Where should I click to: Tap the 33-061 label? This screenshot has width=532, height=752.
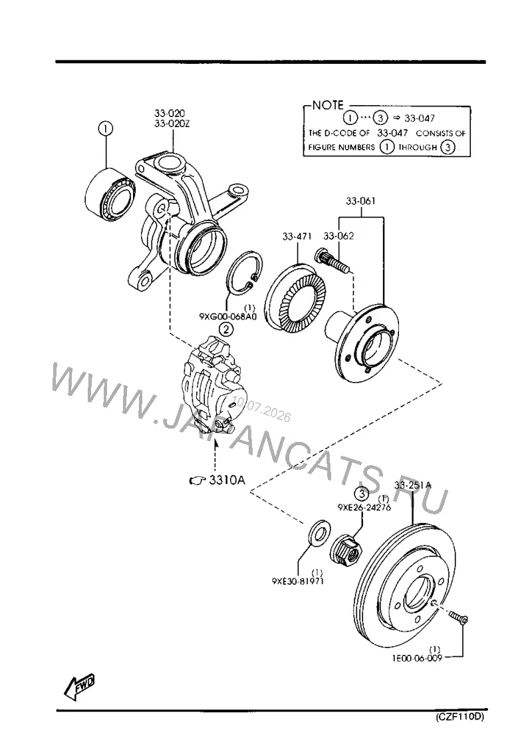point(360,201)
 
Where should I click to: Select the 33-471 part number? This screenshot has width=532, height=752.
point(297,236)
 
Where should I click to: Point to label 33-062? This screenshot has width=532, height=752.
point(338,236)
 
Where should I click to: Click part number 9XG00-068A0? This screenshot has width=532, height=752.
point(227,317)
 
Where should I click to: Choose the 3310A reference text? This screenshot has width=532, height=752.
point(226,480)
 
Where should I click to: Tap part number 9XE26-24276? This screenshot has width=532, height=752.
point(364,507)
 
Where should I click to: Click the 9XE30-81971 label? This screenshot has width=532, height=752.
point(298,581)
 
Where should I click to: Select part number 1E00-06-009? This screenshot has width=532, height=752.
point(417,658)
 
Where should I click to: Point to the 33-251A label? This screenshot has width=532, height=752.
point(413,485)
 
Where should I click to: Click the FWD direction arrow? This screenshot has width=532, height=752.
point(80,686)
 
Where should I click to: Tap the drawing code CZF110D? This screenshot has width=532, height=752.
point(460,717)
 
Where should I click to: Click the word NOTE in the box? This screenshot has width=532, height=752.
point(328,105)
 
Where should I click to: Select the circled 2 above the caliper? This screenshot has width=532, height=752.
point(226,329)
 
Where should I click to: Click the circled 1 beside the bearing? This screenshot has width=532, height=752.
point(106,128)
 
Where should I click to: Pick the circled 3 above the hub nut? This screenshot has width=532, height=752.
point(362,494)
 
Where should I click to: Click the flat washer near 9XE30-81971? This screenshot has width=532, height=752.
point(318,530)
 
